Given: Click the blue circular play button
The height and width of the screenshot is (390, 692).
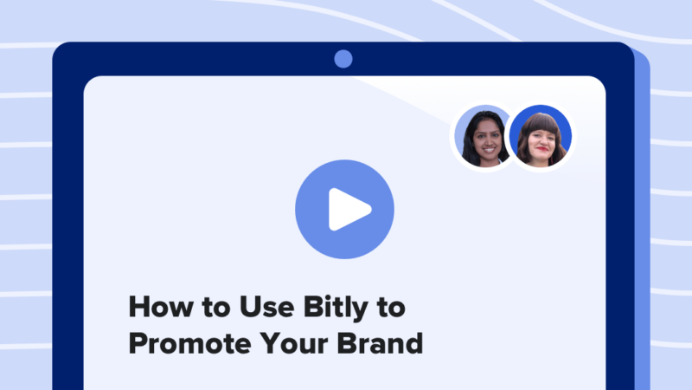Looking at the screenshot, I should (x=344, y=208).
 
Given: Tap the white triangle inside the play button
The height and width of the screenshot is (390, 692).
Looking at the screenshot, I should (x=348, y=208).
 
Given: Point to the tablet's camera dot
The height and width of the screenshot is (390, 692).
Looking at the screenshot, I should (x=343, y=59).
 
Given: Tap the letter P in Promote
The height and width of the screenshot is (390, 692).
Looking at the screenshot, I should (x=136, y=343).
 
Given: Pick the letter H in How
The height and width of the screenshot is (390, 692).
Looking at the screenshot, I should (x=137, y=308).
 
